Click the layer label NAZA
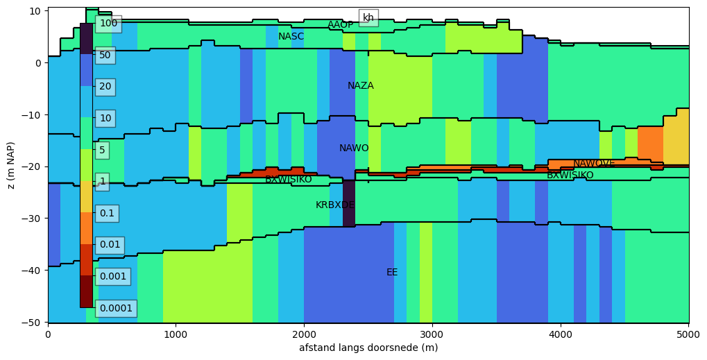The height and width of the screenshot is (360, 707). [360, 85]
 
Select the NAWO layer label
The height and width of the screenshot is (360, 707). [354, 148]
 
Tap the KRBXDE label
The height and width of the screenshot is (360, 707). [335, 205]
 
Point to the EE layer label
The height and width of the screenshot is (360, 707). [392, 272]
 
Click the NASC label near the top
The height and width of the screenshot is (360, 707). [291, 36]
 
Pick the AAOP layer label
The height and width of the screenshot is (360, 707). [341, 24]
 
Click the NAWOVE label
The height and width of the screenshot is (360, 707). [594, 164]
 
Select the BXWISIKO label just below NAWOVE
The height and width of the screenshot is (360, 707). [570, 175]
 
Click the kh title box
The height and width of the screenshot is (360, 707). [368, 17]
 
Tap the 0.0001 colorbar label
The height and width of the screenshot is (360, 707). [116, 308]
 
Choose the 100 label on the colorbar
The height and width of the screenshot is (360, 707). [109, 23]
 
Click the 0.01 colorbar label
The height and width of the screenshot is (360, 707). [110, 245]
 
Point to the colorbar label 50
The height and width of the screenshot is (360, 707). [105, 55]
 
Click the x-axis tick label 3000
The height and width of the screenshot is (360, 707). [432, 335]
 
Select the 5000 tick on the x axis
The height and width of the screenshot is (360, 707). [689, 335]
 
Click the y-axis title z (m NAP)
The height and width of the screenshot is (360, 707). [11, 165]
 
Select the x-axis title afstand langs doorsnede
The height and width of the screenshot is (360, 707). [368, 348]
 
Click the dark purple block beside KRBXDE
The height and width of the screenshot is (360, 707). [349, 203]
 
